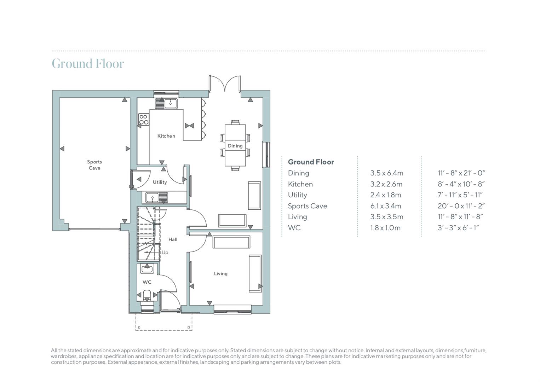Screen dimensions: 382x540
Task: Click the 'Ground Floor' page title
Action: pos(88,64)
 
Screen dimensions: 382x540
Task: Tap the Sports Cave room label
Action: pos(94,165)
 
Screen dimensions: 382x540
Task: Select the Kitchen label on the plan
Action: pos(166,136)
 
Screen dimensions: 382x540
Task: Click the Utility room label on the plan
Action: pos(160,182)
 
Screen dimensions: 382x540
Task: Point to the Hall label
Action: pos(173,239)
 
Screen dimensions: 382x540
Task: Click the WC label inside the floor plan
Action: pos(147,282)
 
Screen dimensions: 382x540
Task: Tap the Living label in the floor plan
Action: pos(220,273)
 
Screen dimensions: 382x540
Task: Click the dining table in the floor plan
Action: pos(235,145)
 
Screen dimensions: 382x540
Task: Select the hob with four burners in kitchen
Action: pos(144,119)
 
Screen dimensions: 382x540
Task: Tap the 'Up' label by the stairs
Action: pos(165,253)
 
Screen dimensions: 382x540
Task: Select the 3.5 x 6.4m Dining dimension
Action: pos(386,173)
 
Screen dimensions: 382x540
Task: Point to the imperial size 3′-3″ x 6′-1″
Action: pos(458,228)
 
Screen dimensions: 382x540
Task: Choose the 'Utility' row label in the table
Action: pos(297,195)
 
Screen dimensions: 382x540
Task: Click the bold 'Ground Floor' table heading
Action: pos(311,162)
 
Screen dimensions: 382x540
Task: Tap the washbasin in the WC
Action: pos(147,269)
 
